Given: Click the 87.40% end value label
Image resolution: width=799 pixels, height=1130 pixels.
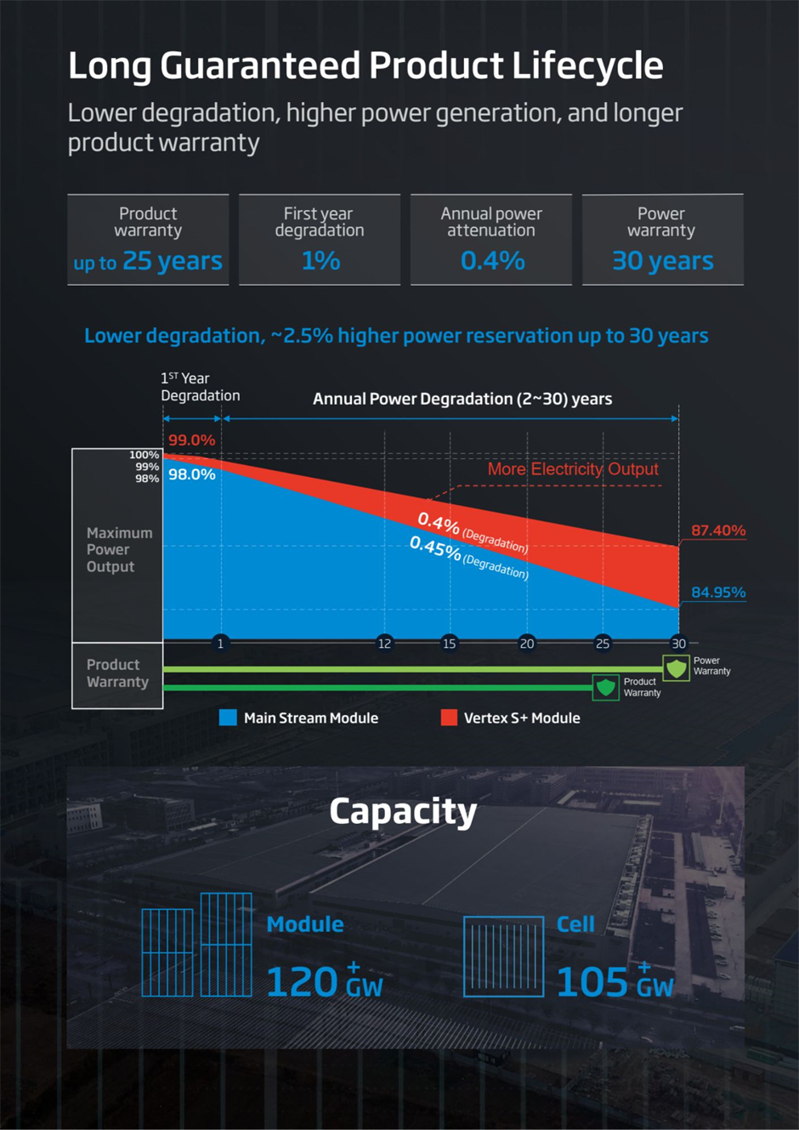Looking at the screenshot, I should click(717, 531).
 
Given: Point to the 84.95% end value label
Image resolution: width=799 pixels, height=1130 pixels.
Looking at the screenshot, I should click(717, 593).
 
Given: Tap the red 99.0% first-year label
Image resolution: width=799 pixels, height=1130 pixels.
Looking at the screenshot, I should click(191, 440).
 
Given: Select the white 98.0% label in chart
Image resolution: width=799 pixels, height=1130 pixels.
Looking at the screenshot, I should click(191, 474).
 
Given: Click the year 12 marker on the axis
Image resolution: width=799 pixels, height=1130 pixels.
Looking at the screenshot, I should click(384, 644).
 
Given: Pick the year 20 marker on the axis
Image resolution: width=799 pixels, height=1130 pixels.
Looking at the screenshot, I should click(527, 644).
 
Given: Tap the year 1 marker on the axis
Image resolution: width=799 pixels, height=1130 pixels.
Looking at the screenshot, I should click(220, 644).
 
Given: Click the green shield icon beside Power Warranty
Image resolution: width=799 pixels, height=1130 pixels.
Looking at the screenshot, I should click(677, 667).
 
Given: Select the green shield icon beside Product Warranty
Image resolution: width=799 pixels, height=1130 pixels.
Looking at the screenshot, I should click(606, 687).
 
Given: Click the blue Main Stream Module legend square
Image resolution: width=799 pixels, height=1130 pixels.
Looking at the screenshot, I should click(228, 718).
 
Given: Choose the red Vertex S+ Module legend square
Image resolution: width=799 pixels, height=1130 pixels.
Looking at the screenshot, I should click(449, 718).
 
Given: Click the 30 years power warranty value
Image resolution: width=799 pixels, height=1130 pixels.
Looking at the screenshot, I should click(662, 261).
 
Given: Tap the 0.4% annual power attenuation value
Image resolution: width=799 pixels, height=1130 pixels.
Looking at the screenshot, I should click(492, 261).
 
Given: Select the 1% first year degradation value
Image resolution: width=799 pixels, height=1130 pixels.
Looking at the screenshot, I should click(320, 261).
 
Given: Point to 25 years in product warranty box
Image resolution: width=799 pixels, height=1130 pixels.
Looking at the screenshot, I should click(172, 261).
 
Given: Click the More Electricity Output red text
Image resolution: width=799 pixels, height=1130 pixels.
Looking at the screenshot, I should click(572, 469).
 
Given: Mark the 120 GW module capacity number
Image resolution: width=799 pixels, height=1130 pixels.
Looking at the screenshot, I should click(324, 983).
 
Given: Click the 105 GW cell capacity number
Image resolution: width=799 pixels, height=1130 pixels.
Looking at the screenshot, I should click(614, 983).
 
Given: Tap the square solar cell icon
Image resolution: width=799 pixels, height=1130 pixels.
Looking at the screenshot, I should click(503, 957).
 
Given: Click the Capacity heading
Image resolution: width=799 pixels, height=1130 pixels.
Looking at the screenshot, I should click(403, 811).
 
